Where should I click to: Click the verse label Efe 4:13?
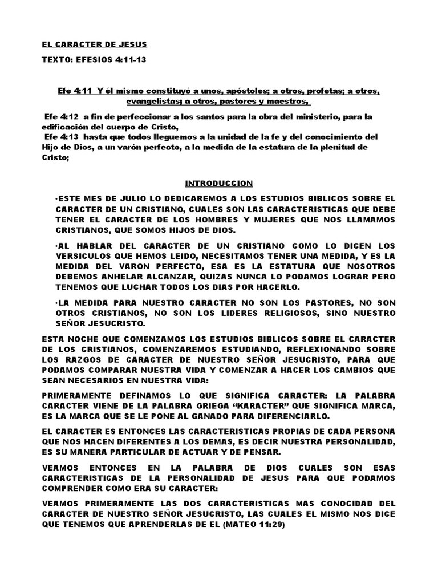pyautogui.click(x=60, y=137)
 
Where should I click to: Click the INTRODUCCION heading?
pyautogui.click(x=218, y=184)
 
